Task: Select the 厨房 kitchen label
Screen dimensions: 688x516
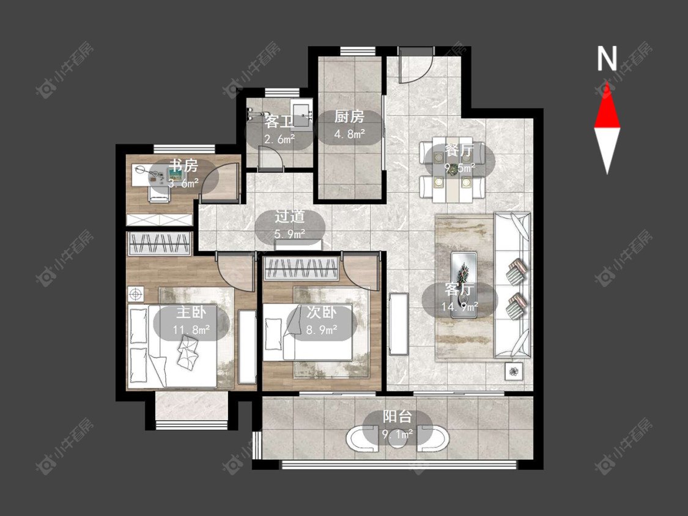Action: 349,117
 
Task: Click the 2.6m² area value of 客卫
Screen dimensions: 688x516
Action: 279,139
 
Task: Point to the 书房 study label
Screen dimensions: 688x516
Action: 183,166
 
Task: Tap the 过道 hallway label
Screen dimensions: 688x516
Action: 290,216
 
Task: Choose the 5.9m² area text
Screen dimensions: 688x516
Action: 290,234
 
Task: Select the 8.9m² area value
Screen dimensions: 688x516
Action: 322,330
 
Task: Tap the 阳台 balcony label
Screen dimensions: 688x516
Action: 397,416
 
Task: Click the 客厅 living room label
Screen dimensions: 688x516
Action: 459,289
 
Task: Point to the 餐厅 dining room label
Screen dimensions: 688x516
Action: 459,150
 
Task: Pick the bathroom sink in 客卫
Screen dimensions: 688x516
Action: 301,114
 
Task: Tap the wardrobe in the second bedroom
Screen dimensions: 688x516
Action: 301,268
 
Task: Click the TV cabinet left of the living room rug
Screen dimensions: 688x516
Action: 398,324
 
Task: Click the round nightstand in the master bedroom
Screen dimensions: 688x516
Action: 136,293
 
